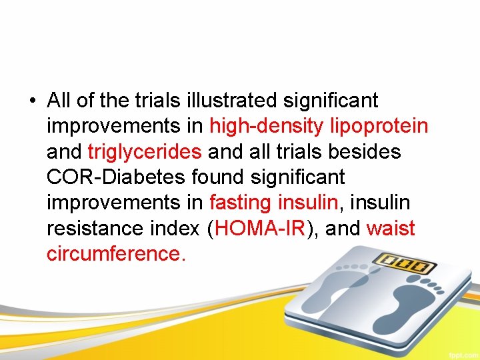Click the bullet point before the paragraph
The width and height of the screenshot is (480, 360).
[33, 101]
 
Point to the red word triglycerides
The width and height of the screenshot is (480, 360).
[144, 151]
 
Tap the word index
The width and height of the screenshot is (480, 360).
[178, 229]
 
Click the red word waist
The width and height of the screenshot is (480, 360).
[391, 229]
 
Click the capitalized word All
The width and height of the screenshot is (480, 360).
[59, 101]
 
